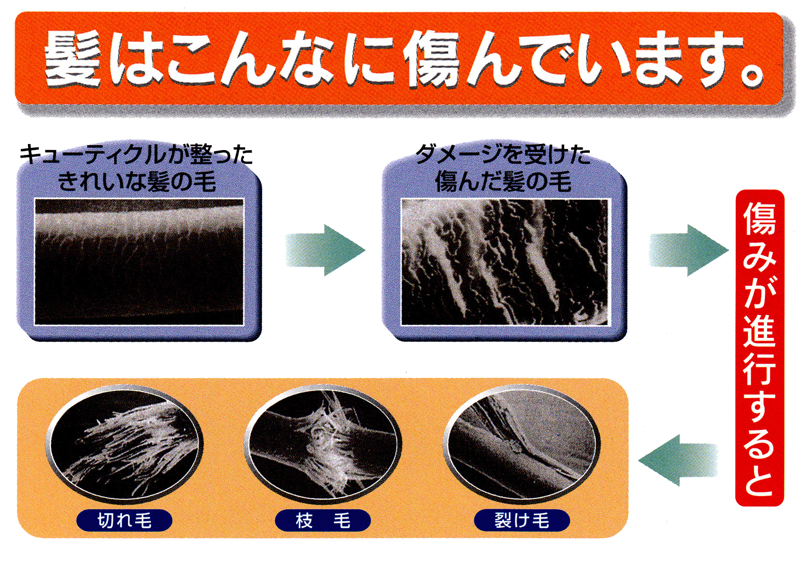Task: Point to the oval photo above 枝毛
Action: coord(323,444)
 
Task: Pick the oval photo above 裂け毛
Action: coord(522,444)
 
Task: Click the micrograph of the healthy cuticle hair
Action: coord(139,262)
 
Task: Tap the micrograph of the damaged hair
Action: coord(504,262)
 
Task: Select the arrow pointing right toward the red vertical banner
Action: coord(688,250)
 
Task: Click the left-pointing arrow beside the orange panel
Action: coord(678,461)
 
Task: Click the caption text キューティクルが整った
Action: coord(136,154)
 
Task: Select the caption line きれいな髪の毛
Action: coord(137,181)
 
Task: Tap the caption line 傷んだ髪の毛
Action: coord(503,181)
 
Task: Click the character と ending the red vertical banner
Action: coord(759,478)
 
